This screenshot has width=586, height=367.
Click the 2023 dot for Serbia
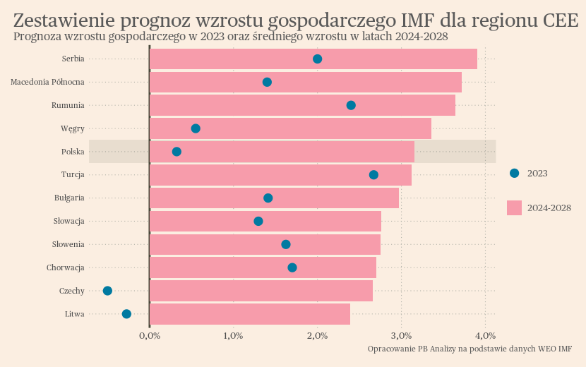point(318,59)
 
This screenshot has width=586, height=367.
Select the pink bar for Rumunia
point(302,105)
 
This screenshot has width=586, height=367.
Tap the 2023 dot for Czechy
point(107,291)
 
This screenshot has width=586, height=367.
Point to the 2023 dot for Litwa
point(126,314)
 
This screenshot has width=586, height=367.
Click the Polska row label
point(73,152)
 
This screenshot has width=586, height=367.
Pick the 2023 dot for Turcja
point(373,174)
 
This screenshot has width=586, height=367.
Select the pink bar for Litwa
point(250,314)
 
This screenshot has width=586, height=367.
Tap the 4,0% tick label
point(485,335)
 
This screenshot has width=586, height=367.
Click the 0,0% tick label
point(150,335)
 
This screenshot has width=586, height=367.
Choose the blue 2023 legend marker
point(514,173)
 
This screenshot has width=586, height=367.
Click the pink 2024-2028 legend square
point(514,207)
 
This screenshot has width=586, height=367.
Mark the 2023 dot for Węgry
point(196,128)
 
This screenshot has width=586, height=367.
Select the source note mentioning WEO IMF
point(470,349)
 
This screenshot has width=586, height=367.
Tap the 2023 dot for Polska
point(177,152)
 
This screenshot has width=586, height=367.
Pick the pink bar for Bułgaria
point(274,198)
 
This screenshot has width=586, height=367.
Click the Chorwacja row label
point(66,267)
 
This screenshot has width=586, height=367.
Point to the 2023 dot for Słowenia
point(286,244)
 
